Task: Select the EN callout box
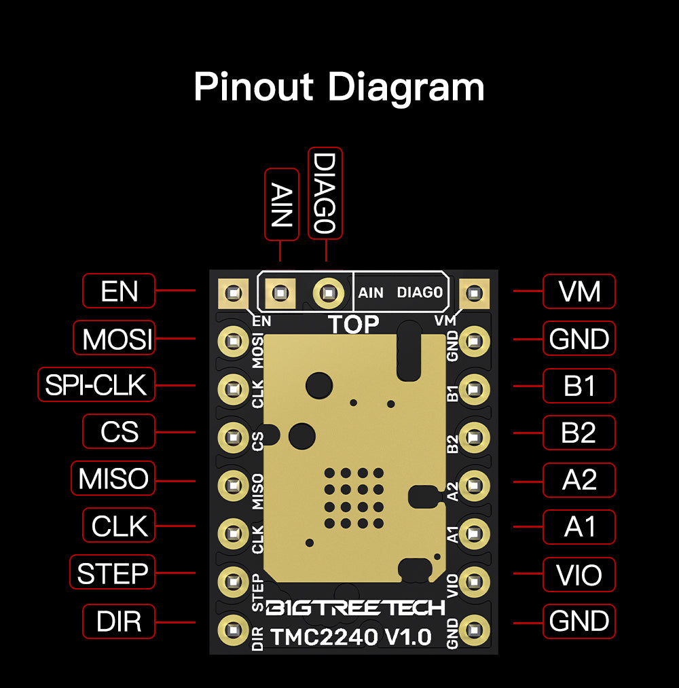pos(119,291)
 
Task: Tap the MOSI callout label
pos(114,338)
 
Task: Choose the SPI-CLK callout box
pos(96,385)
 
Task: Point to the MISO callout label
pos(113,479)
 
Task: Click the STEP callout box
pos(113,573)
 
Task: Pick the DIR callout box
pos(119,621)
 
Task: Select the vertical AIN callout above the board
pos(281,204)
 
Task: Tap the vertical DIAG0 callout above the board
pos(325,194)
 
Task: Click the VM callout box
pos(579,291)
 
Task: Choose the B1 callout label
pos(579,385)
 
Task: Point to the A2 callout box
pos(579,479)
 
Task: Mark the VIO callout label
pos(579,574)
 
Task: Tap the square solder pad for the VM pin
pos(474,294)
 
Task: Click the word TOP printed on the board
pos(354,325)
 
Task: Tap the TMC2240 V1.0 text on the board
pos(351,637)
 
